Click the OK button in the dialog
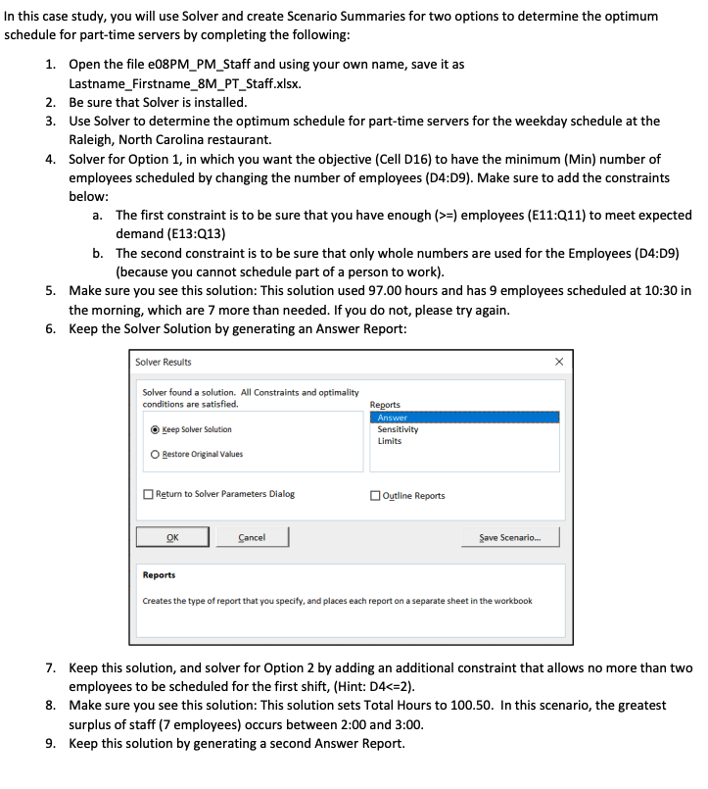[172, 537]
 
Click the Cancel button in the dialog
[252, 537]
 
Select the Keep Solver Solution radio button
[157, 429]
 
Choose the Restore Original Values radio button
[157, 454]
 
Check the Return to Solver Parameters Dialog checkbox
[148, 494]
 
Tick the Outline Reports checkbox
[376, 495]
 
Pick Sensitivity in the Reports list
[398, 429]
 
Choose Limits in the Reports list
[390, 441]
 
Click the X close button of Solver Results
[558, 362]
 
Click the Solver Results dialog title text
[164, 362]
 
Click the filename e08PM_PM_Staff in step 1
[203, 64]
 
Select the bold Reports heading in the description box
[159, 575]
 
